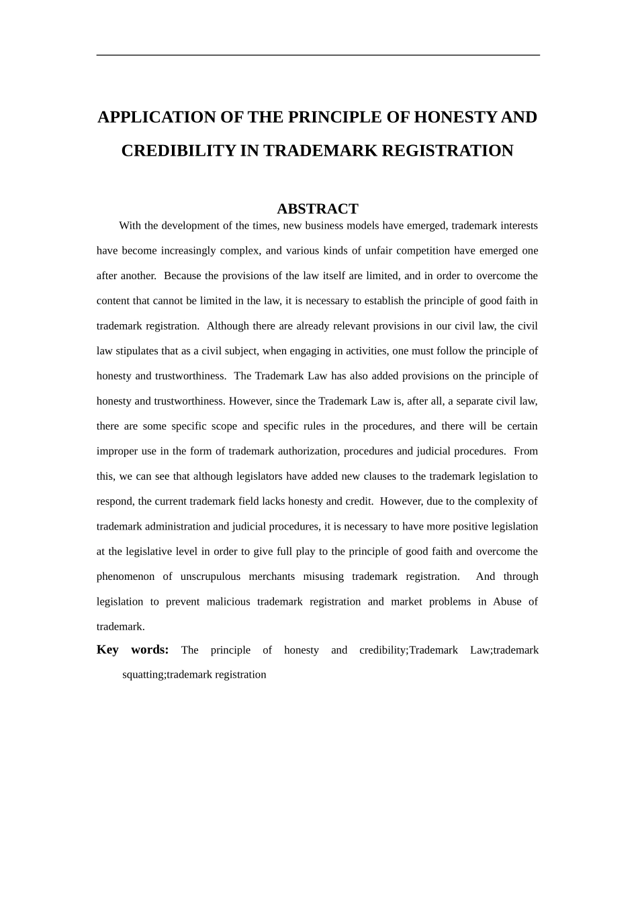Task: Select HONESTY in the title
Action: click(455, 117)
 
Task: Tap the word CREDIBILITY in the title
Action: click(178, 151)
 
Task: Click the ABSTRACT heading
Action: click(318, 209)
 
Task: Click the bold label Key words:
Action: click(132, 650)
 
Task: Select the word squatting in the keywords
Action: click(143, 674)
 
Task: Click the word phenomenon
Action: click(126, 577)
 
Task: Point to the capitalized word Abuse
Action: click(507, 601)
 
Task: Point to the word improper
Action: click(117, 451)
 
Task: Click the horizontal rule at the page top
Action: click(318, 55)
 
